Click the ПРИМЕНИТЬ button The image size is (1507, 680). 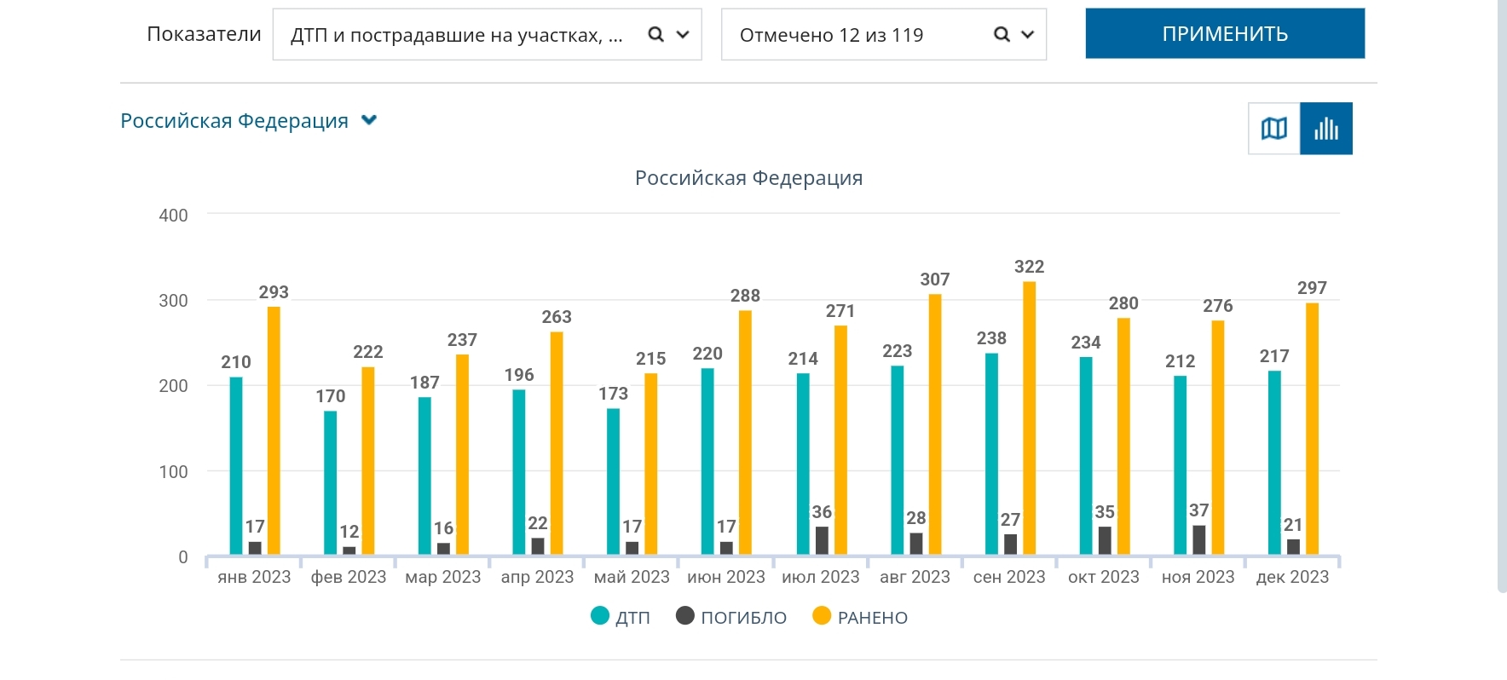[1224, 34]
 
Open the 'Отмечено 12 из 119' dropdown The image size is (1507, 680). [883, 35]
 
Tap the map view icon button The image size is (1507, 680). [1273, 129]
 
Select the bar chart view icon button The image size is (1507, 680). [1326, 129]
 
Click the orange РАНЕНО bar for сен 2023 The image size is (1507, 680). [1029, 418]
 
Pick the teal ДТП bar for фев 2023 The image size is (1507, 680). [330, 482]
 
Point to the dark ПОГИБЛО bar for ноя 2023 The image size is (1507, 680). [1199, 540]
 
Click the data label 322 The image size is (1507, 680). [1029, 267]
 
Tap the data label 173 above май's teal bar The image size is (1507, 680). [613, 394]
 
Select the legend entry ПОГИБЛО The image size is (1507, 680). [732, 617]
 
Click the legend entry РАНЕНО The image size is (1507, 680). [861, 617]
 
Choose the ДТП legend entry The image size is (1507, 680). [621, 617]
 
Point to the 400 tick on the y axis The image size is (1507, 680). [173, 216]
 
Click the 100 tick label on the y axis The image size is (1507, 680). [173, 472]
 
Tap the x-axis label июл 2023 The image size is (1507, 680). [820, 577]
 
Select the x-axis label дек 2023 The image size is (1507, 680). [1292, 577]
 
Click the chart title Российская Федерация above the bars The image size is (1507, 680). [748, 178]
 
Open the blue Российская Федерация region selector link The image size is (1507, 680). [247, 121]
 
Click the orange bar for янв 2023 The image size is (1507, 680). [274, 430]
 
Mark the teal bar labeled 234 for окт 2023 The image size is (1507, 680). [1086, 456]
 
